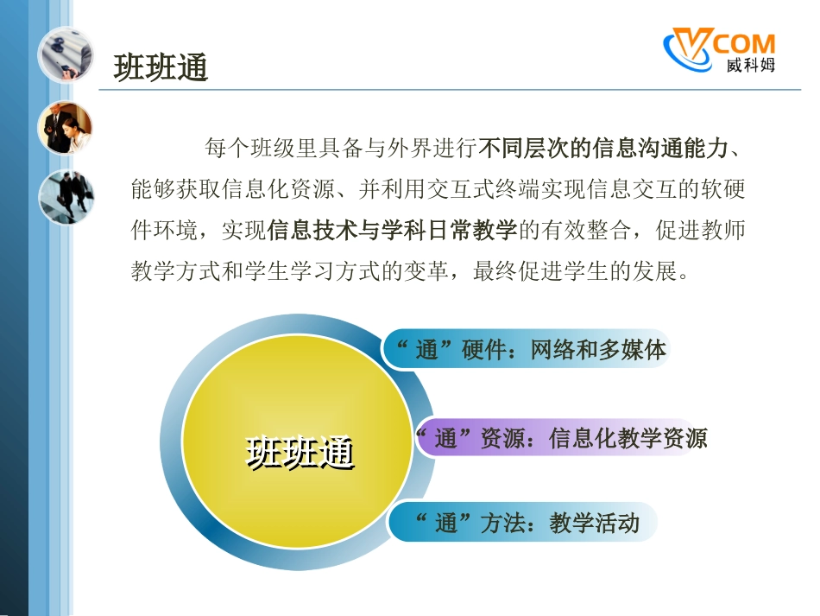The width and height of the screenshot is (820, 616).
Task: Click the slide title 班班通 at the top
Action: [x=161, y=67]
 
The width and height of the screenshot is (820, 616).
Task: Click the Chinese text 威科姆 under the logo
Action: [x=749, y=66]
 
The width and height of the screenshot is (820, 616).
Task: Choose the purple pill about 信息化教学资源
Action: [x=557, y=439]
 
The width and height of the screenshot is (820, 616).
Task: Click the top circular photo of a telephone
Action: [x=65, y=54]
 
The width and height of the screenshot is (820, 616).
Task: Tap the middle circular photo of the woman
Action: [x=65, y=128]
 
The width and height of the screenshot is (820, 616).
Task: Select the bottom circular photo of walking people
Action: [x=65, y=197]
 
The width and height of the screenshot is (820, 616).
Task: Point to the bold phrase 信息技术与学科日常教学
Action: [x=393, y=231]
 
